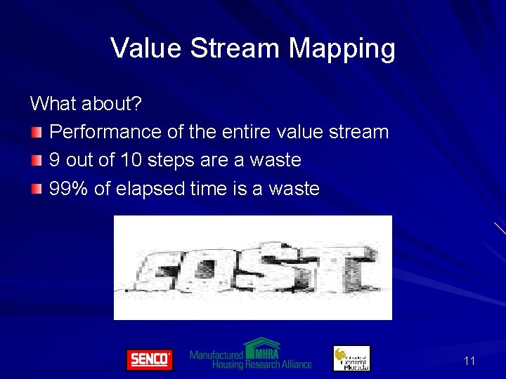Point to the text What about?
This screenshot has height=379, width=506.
(x=86, y=104)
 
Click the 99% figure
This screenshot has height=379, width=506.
(x=69, y=189)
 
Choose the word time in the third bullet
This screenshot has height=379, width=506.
(x=191, y=189)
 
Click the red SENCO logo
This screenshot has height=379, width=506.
(x=149, y=359)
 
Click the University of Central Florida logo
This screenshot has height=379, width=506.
(x=351, y=358)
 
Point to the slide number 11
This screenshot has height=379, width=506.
(x=469, y=361)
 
